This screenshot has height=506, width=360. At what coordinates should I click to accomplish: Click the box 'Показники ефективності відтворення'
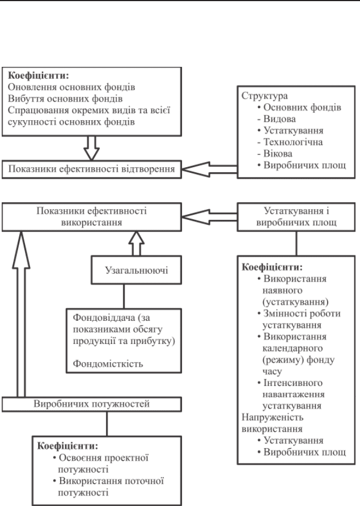point(92,169)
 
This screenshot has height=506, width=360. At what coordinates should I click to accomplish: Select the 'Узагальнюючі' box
point(136,270)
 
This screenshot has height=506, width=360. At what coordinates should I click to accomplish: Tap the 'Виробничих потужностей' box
point(92,404)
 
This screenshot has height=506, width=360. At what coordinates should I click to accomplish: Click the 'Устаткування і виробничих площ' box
point(297,217)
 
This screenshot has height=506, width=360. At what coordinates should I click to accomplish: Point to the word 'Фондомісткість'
point(108,364)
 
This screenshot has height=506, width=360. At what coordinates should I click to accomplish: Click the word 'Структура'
point(264,96)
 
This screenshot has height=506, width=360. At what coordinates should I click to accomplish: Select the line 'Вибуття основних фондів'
point(65,99)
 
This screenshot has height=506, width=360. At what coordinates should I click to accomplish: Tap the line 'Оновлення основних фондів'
point(71,87)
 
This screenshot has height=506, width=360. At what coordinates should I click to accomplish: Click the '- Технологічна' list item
point(290,142)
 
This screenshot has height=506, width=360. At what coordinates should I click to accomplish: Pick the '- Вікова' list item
point(275,154)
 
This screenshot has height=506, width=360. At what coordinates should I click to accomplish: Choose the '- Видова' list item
point(276,119)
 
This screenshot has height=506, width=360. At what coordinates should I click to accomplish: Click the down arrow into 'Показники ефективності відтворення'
point(91,148)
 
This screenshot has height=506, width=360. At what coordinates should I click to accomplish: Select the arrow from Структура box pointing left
point(210,169)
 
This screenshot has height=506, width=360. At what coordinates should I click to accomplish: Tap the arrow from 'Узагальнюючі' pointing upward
point(136,244)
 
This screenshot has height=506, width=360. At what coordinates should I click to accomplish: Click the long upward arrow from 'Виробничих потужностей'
point(21,314)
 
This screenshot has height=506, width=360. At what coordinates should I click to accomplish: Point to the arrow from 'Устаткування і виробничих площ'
point(210,217)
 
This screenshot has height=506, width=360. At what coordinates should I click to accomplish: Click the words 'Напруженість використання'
point(273,423)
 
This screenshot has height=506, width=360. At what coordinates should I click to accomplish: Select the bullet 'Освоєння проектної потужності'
point(101,464)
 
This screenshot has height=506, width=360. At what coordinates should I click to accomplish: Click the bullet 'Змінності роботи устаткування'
point(299,319)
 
